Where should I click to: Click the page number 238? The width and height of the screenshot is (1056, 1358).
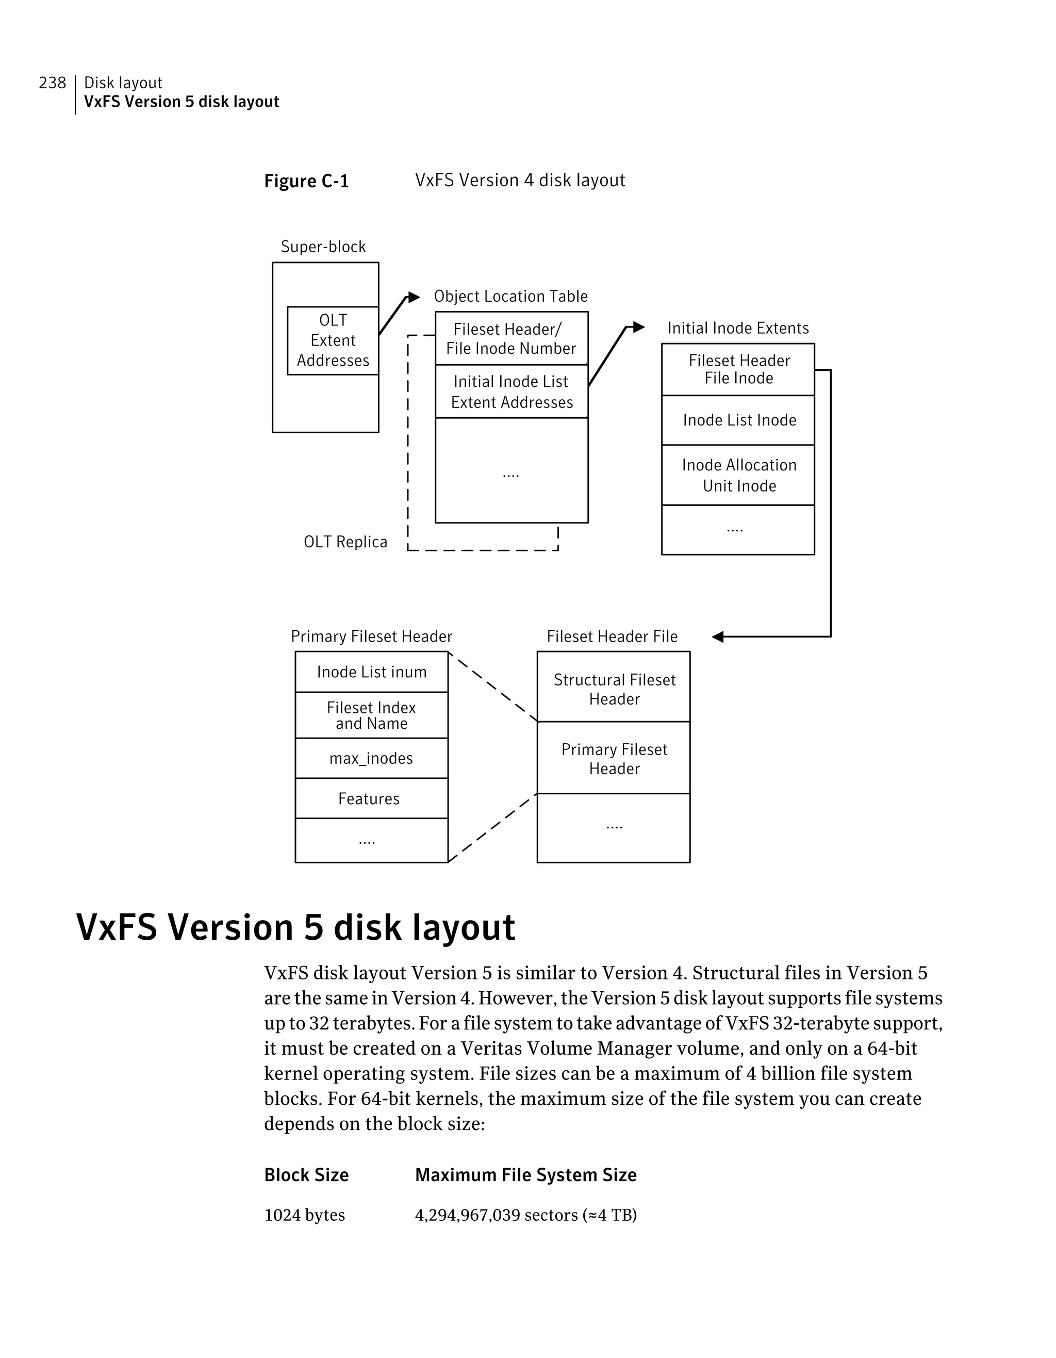click(x=52, y=83)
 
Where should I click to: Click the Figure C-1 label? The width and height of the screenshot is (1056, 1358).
click(x=306, y=181)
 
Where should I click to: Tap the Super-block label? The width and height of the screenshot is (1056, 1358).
click(x=323, y=247)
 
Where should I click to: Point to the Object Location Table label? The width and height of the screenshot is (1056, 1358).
click(x=510, y=297)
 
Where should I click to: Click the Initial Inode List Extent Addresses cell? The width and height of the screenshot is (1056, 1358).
click(x=511, y=392)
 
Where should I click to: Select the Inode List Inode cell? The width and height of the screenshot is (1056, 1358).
click(x=738, y=420)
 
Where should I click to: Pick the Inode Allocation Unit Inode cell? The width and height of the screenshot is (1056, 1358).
click(x=738, y=475)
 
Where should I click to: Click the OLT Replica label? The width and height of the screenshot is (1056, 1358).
click(x=345, y=542)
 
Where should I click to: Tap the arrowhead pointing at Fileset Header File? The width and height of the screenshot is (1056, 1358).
click(x=718, y=637)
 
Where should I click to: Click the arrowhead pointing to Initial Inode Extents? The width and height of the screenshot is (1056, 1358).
click(x=638, y=327)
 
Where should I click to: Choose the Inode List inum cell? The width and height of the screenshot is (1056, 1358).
click(x=372, y=672)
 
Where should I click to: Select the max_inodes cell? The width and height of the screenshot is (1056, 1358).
click(x=372, y=759)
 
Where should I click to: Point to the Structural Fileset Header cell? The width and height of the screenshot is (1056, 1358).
click(x=614, y=689)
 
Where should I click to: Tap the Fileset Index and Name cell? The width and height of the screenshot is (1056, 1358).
click(x=372, y=716)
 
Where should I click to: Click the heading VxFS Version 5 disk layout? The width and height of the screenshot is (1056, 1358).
click(x=295, y=928)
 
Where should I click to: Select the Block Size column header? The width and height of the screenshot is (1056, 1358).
click(x=306, y=1175)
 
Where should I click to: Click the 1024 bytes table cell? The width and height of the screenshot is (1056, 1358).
click(x=305, y=1215)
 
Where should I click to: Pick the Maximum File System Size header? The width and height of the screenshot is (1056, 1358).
click(x=526, y=1175)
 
